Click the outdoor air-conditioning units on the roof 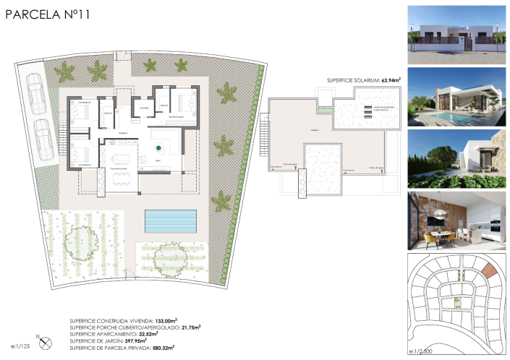(x=367, y=111)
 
